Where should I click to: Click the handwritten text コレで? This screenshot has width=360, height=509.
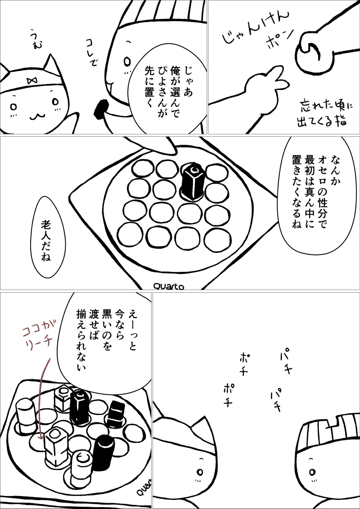pyautogui.click(x=90, y=53)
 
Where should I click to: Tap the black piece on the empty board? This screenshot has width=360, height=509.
pyautogui.click(x=192, y=181)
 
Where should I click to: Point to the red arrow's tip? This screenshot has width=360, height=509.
pyautogui.click(x=40, y=439)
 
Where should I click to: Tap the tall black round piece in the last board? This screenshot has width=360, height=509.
pyautogui.click(x=103, y=452)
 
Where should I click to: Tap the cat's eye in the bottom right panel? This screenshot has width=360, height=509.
pyautogui.click(x=200, y=471)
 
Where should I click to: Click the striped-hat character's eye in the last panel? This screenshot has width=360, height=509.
pyautogui.click(x=313, y=471)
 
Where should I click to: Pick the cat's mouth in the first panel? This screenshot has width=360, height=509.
pyautogui.click(x=38, y=115)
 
